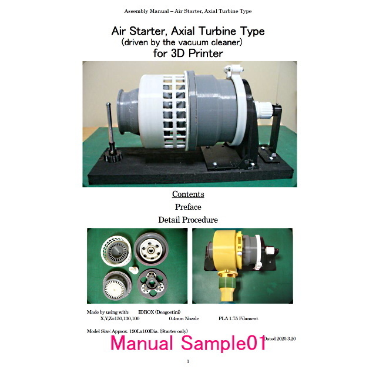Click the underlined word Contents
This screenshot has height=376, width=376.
pyautogui.click(x=188, y=194)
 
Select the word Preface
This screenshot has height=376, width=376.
pyautogui.click(x=188, y=207)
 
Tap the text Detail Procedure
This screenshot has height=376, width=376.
pyautogui.click(x=188, y=220)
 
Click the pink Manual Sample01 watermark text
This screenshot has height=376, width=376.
pyautogui.click(x=188, y=343)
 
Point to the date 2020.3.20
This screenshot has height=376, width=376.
pyautogui.click(x=286, y=338)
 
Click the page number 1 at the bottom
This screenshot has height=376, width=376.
pyautogui.click(x=188, y=361)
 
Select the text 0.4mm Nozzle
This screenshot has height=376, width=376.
pyautogui.click(x=184, y=318)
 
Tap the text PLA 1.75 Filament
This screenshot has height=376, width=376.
pyautogui.click(x=238, y=318)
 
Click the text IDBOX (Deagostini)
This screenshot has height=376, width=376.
pyautogui.click(x=159, y=312)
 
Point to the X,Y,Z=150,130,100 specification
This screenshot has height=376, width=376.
pyautogui.click(x=120, y=318)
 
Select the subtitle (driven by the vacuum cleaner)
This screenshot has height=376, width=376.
pyautogui.click(x=182, y=42)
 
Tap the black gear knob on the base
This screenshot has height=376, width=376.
pyautogui.click(x=113, y=156)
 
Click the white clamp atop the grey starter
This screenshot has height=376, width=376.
pyautogui.click(x=234, y=71)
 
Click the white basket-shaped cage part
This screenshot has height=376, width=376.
pyautogui.click(x=116, y=251)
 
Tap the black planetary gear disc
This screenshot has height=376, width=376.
pyautogui.click(x=152, y=284)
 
